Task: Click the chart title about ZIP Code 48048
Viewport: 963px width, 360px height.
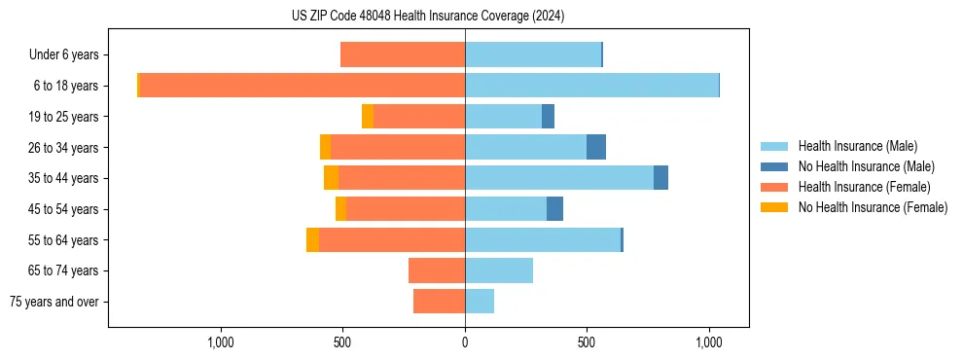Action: point(428,17)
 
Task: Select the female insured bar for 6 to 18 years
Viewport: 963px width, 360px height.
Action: point(302,86)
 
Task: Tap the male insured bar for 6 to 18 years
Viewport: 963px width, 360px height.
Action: point(591,86)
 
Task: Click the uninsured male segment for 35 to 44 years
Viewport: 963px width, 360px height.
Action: point(660,178)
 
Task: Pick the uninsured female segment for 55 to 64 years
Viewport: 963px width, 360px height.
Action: point(312,240)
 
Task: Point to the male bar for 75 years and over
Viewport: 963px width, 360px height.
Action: point(480,302)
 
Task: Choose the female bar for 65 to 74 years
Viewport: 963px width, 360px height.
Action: point(437,270)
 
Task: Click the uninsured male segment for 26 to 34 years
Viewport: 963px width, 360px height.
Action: point(596,147)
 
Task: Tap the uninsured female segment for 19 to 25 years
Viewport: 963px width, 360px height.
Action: point(368,117)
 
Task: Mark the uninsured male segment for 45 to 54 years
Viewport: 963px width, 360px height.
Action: point(554,209)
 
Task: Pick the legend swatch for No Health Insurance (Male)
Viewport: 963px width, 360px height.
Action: point(774,166)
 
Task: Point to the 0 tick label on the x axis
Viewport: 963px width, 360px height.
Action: point(465,342)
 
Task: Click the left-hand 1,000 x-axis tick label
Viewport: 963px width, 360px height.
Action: point(221,342)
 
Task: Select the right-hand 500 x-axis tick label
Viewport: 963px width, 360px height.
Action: point(587,342)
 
